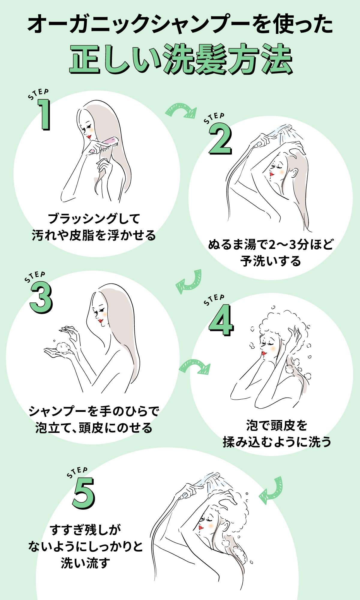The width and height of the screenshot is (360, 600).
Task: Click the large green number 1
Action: tap(44, 115)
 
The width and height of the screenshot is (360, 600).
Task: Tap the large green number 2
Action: tap(220, 139)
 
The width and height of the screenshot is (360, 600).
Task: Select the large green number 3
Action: tap(41, 298)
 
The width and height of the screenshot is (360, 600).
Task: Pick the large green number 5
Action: tap(83, 493)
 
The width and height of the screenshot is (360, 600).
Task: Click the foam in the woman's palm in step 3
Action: tap(63, 348)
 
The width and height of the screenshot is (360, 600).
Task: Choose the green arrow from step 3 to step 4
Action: tap(195, 367)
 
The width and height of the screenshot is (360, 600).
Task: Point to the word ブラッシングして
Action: tap(94, 219)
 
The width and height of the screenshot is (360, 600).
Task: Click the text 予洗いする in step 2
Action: tap(270, 261)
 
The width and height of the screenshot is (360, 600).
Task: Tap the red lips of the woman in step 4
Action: tap(264, 353)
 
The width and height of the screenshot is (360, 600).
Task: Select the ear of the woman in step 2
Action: tap(294, 173)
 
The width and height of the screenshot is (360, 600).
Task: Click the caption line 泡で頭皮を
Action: tap(277, 425)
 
